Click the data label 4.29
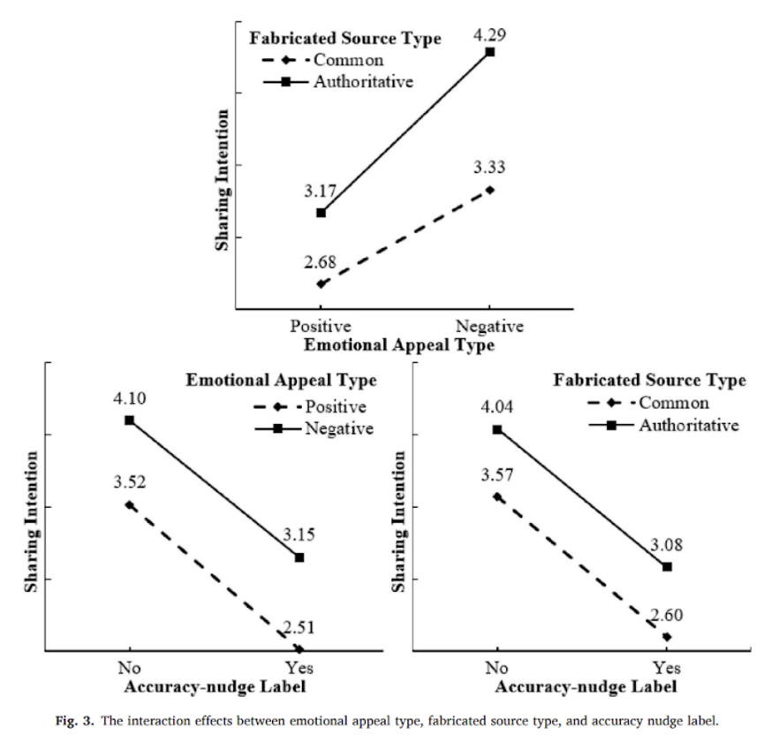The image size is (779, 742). tap(491, 34)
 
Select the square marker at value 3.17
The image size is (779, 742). tap(321, 212)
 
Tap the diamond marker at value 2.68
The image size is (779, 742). tap(321, 284)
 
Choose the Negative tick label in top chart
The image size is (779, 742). tap(491, 327)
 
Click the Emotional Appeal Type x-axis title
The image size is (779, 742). tap(399, 345)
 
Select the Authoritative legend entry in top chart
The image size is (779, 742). tap(363, 81)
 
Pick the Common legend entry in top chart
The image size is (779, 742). tap(348, 60)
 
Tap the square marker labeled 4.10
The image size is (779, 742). tap(129, 420)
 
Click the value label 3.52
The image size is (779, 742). tap(129, 483)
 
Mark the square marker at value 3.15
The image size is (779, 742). tap(299, 557)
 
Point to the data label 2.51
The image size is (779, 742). tap(299, 628)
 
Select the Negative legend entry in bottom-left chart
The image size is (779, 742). tap(339, 428)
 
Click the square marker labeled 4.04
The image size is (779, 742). tap(497, 429)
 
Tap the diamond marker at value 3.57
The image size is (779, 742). tap(497, 496)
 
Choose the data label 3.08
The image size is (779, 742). tap(668, 545)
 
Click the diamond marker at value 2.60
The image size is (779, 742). tap(667, 636)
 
